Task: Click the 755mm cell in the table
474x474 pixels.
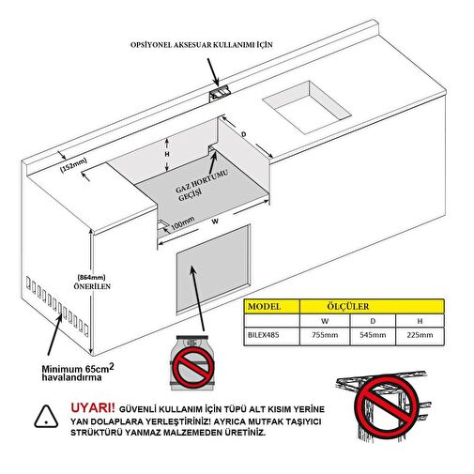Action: tap(325, 335)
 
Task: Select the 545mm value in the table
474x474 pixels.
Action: tap(373, 335)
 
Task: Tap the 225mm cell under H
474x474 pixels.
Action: tap(420, 335)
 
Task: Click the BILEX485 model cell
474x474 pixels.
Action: tap(263, 335)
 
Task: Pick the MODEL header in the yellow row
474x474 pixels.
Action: tap(264, 306)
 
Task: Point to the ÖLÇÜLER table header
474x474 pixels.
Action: tap(348, 306)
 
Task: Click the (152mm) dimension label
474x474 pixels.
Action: tap(73, 164)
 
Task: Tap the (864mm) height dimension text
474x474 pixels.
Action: tap(91, 277)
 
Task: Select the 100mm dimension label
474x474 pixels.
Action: tap(183, 223)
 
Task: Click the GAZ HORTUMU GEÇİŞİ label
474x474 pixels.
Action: tap(201, 186)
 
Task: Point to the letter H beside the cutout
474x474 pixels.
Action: tap(167, 154)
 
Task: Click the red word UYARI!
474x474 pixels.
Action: tap(93, 408)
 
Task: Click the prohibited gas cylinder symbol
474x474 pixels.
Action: tap(193, 364)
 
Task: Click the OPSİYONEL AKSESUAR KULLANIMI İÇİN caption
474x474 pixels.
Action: tap(202, 45)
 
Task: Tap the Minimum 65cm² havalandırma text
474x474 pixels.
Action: tap(78, 373)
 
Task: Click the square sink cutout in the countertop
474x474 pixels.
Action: tap(307, 107)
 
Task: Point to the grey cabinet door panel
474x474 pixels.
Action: tap(213, 268)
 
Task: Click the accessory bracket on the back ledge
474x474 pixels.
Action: tap(220, 93)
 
